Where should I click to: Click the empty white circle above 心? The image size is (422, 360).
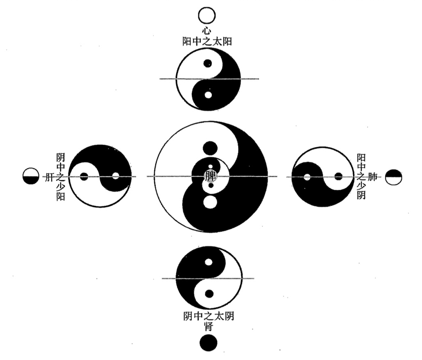click(x=206, y=16)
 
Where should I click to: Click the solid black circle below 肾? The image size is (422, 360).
click(x=208, y=343)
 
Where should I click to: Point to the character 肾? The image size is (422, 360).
click(x=208, y=327)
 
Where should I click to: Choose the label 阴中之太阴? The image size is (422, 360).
click(x=209, y=317)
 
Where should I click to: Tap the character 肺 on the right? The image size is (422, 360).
click(x=372, y=177)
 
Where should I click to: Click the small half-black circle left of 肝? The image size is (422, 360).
click(x=31, y=176)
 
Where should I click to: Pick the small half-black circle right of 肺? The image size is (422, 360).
click(x=394, y=177)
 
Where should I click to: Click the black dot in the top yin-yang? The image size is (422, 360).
click(x=208, y=64)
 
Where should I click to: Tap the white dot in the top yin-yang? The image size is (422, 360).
click(x=208, y=95)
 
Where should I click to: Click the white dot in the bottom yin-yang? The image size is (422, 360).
click(x=209, y=262)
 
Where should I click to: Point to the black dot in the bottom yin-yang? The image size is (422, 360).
click(x=209, y=294)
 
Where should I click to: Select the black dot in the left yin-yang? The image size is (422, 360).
click(x=84, y=177)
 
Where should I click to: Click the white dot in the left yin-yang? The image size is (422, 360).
click(x=116, y=176)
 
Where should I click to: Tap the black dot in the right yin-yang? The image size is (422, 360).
click(x=338, y=177)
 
